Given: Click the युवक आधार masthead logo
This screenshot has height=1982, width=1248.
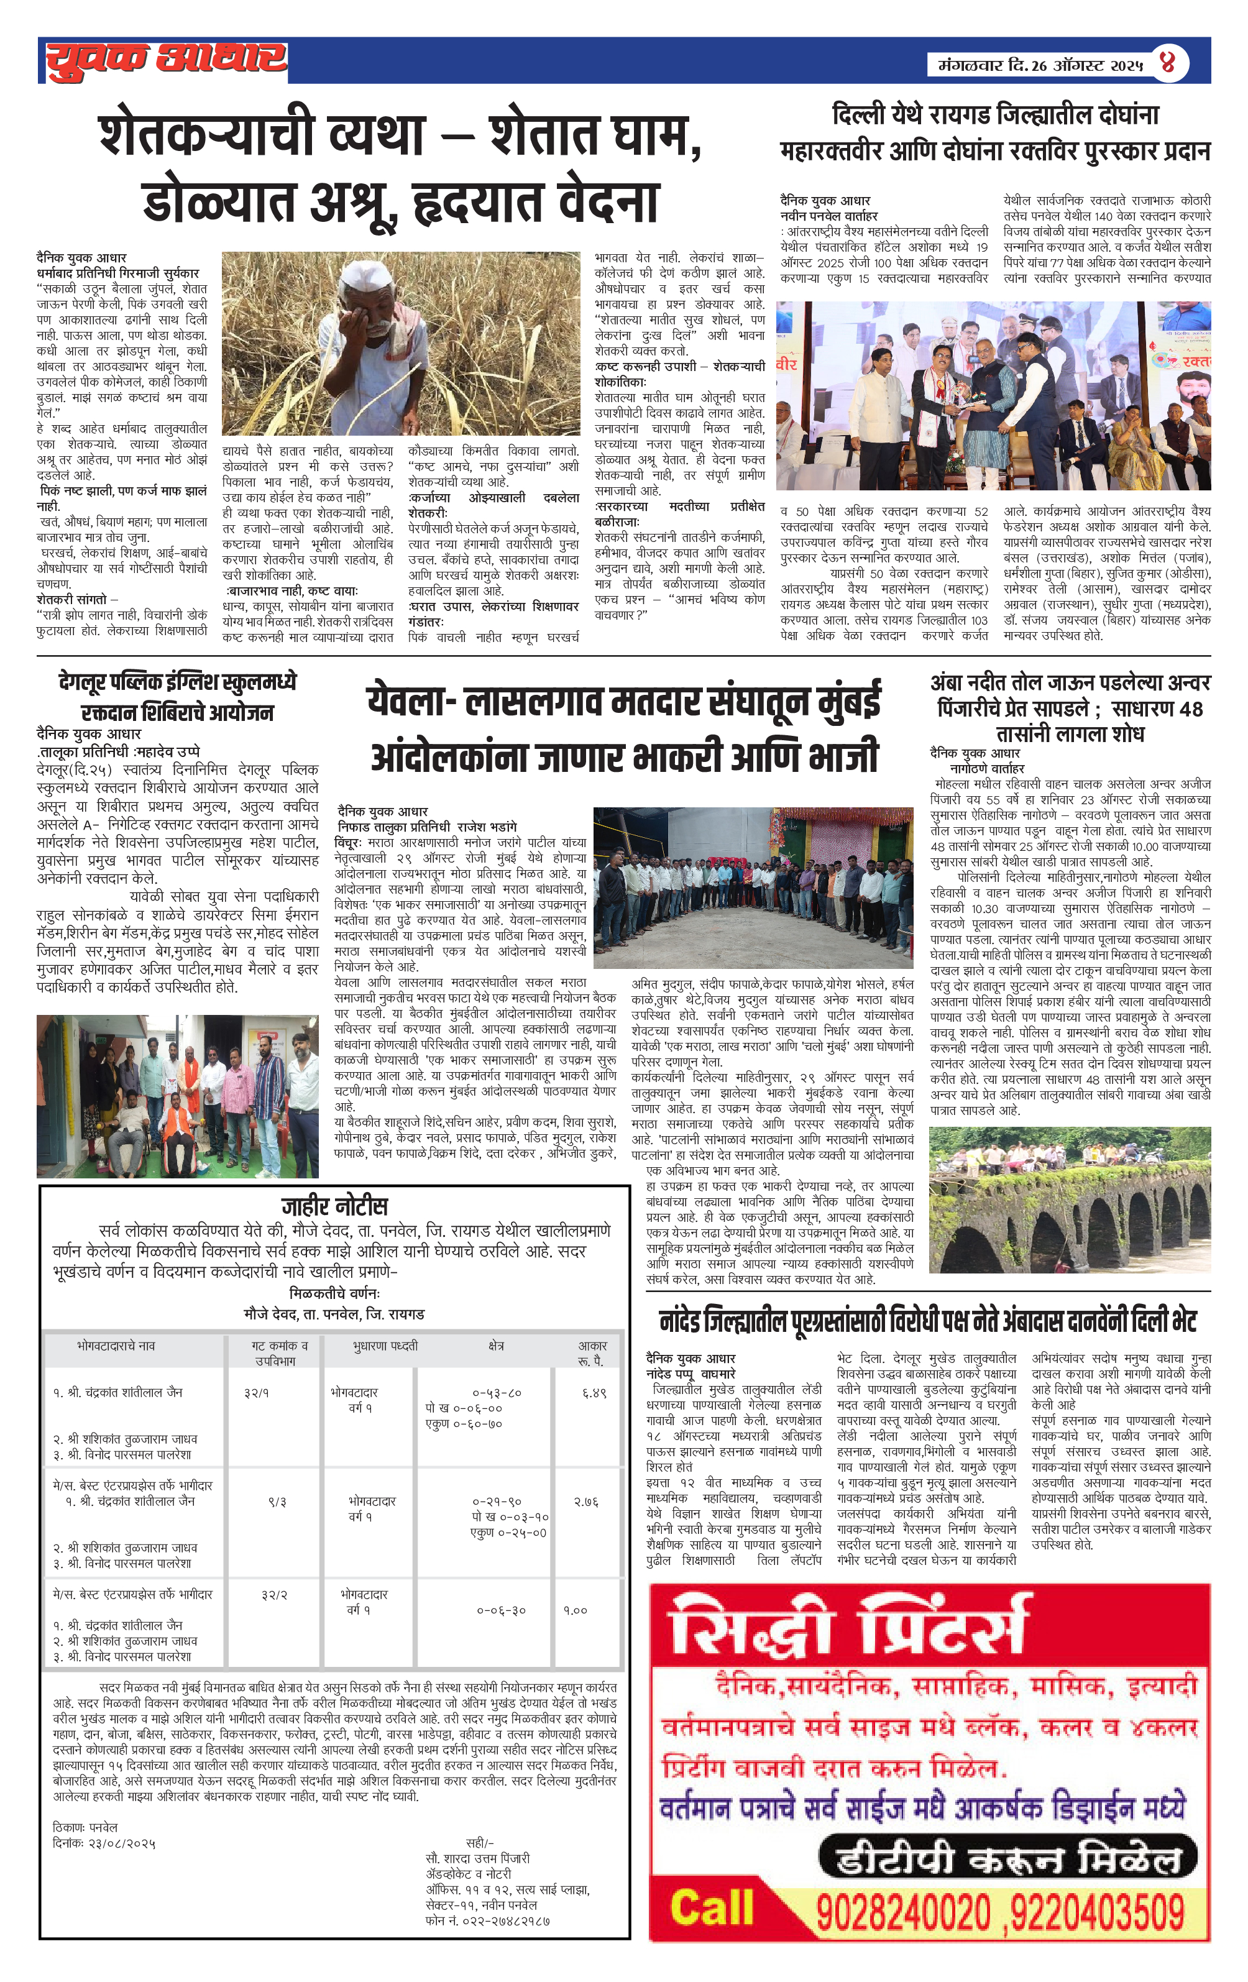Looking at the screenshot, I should coord(167,60).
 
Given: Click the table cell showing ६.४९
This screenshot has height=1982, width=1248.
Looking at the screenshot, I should coord(594,1393).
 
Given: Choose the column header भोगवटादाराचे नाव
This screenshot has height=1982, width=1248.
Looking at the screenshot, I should coord(116,1346).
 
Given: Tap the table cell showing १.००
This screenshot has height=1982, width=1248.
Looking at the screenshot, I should coord(575,1610).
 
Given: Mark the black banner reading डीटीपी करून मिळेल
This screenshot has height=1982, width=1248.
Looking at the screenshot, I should coord(1009,1860).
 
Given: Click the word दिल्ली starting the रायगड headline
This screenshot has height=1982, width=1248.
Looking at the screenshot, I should coord(860,115).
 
